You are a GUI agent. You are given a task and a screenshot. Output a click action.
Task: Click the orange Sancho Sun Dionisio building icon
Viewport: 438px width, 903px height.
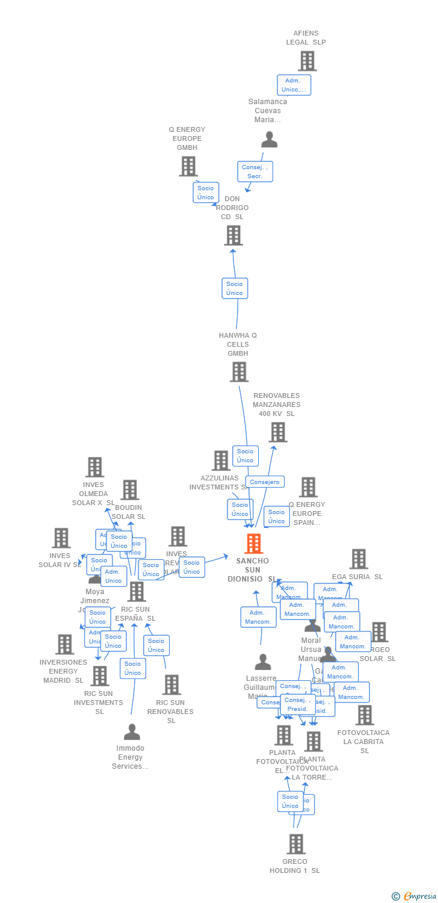(x=253, y=544)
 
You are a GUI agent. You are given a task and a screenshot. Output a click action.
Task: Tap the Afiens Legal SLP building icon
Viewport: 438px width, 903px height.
(x=307, y=61)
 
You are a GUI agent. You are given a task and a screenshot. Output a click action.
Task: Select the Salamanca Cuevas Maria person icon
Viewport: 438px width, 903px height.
(x=269, y=140)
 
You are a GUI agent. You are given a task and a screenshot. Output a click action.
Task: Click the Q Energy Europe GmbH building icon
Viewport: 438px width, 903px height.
(x=188, y=166)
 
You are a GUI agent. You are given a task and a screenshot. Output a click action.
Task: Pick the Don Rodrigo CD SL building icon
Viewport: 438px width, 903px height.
(x=233, y=235)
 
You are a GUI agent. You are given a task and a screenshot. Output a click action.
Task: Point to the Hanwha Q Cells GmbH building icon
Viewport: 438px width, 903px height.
(x=239, y=371)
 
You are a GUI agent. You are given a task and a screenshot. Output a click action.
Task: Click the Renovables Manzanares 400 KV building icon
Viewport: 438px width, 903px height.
(x=277, y=432)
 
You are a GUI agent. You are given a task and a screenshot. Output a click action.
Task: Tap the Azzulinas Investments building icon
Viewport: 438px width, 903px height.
(x=221, y=461)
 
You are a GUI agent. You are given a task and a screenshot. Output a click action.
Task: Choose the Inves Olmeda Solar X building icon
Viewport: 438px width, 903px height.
(x=94, y=467)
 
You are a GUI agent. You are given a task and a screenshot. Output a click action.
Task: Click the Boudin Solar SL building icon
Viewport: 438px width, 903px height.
(x=130, y=490)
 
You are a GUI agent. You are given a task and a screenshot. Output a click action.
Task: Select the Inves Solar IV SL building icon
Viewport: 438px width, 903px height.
(x=61, y=538)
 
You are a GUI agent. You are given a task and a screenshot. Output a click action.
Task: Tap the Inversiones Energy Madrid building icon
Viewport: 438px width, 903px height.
(x=64, y=644)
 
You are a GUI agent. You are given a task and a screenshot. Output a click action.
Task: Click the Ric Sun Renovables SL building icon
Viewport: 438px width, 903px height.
(x=171, y=684)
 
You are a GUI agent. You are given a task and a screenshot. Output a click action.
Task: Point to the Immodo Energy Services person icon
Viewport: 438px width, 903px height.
(x=132, y=732)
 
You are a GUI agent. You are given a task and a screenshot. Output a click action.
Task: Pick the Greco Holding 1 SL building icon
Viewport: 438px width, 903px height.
(x=295, y=844)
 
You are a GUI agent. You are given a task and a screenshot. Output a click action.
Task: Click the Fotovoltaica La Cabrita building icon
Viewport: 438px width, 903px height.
(x=364, y=715)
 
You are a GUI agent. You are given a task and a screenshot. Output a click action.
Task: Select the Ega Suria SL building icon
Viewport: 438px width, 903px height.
(x=359, y=559)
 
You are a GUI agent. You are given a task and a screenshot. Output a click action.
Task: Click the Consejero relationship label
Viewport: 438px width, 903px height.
(x=265, y=482)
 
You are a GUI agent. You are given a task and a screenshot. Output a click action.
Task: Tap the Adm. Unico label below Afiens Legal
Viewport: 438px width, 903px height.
(x=294, y=85)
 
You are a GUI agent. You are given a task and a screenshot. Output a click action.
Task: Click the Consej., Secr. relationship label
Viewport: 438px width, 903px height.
(x=255, y=172)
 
